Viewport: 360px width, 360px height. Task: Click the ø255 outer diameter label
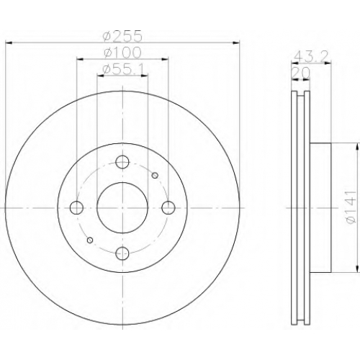(x=122, y=36)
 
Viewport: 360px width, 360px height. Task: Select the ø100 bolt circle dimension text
(x=122, y=53)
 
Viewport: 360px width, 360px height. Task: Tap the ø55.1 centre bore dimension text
(x=123, y=70)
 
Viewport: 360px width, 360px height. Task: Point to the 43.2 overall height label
(x=311, y=57)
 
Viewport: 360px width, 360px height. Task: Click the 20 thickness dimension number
(x=300, y=73)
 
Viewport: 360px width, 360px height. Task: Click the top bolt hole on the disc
(x=122, y=162)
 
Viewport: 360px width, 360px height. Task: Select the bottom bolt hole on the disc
(x=122, y=253)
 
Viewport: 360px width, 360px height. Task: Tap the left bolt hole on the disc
(x=76, y=207)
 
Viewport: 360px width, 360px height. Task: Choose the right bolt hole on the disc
(x=168, y=207)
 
